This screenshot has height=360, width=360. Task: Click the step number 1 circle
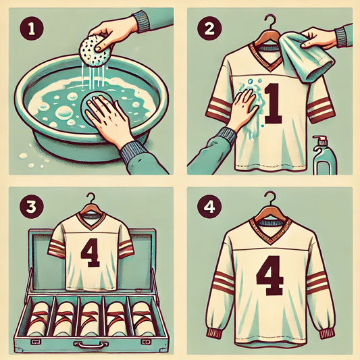pos(32,28)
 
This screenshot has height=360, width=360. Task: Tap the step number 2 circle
pos(209,28)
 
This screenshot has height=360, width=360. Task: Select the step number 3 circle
pos(32,207)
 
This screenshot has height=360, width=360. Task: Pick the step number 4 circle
pos(209,207)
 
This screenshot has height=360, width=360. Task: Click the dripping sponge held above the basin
pos(95,51)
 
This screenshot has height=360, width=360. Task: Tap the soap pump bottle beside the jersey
pos(325,155)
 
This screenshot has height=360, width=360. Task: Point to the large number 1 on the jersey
pos(273,103)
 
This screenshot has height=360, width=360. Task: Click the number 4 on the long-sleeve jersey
pos(269,276)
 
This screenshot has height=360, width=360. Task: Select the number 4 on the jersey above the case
pos(91,253)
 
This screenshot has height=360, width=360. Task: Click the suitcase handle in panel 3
pos(91,344)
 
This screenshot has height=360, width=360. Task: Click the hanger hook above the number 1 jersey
pos(270,22)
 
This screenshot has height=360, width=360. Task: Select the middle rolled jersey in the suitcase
pos(91,318)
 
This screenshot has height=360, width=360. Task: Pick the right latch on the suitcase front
pos(146,342)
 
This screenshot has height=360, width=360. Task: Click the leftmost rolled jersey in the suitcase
pos(38,318)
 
